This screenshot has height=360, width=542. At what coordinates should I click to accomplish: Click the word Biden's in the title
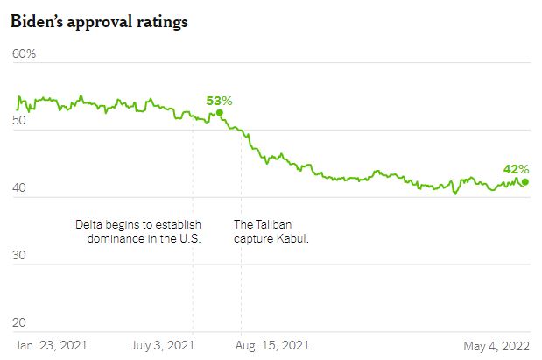[x=39, y=22]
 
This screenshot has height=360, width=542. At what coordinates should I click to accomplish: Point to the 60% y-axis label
[x=25, y=54]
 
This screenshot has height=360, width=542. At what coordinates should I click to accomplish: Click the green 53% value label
[x=219, y=101]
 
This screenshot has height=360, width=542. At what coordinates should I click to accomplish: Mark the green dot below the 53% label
[x=220, y=112]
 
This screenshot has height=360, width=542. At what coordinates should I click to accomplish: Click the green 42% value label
[x=516, y=169]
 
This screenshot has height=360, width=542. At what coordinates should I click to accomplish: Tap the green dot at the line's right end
[x=524, y=182]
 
